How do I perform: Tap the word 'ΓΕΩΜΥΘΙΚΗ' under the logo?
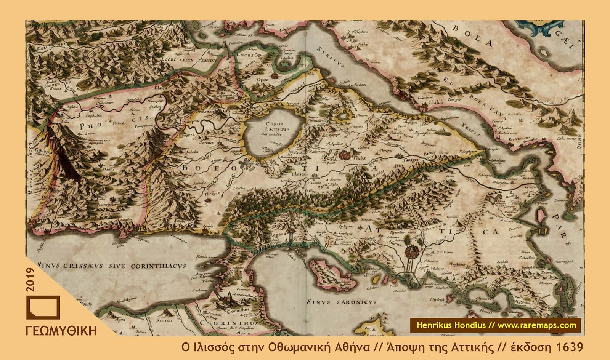point(61,331)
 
